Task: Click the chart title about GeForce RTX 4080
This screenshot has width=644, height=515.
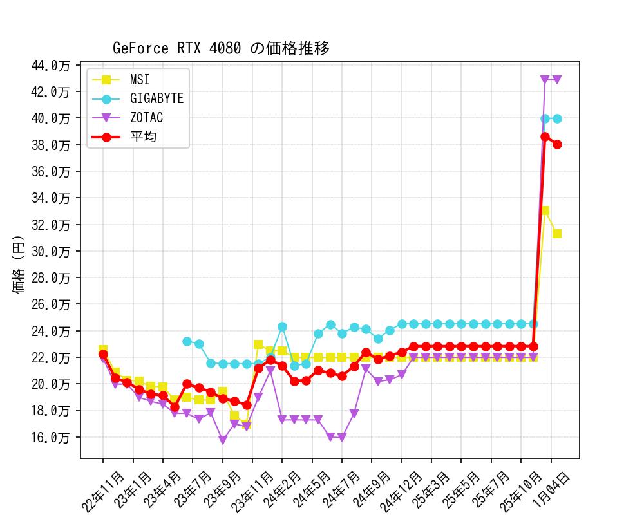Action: [221, 48]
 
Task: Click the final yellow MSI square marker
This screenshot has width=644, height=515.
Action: [557, 234]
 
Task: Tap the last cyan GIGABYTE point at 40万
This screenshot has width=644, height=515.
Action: [557, 118]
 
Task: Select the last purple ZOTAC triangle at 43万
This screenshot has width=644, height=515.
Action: [557, 80]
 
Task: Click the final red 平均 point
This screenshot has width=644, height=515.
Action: [557, 144]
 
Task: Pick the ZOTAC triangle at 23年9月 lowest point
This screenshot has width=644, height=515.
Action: [223, 440]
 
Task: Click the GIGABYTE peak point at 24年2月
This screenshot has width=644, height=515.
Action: [282, 327]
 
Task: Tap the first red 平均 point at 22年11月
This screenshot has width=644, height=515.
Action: [103, 354]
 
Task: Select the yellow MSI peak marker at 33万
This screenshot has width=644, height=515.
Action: [545, 211]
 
